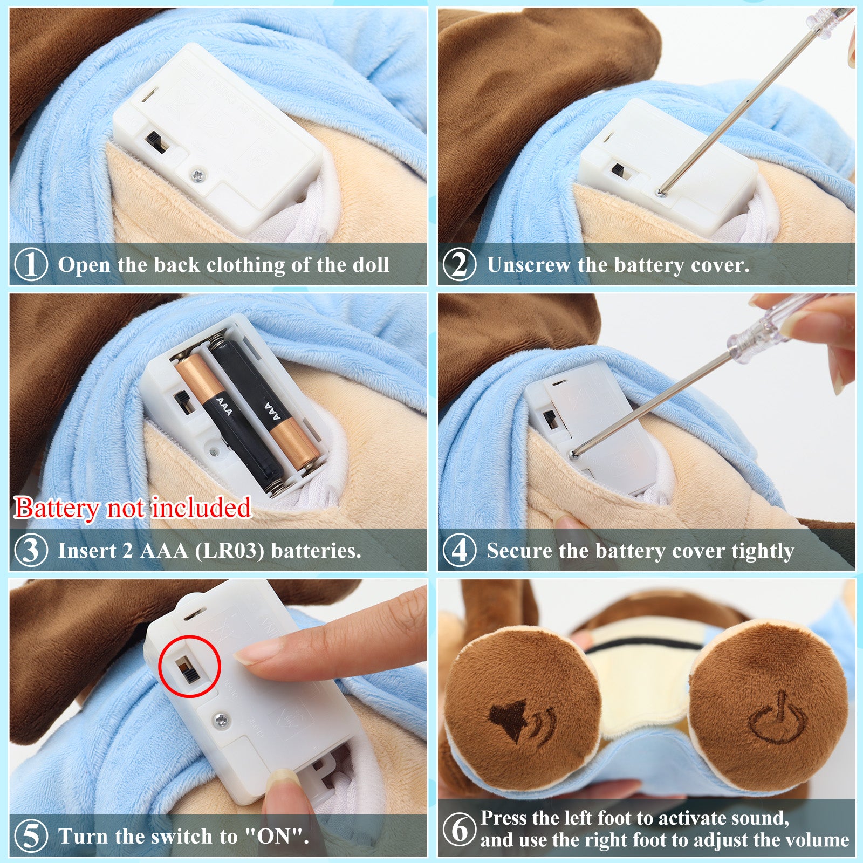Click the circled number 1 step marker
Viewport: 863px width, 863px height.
tap(31, 264)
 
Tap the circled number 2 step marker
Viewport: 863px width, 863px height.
tap(459, 264)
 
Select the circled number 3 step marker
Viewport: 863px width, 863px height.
tap(31, 550)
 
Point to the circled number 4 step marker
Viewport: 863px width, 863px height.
tap(459, 550)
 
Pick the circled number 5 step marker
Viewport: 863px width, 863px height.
tap(31, 836)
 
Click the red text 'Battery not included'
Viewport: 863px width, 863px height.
tap(133, 508)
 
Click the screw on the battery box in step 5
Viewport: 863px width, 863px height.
tap(220, 719)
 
